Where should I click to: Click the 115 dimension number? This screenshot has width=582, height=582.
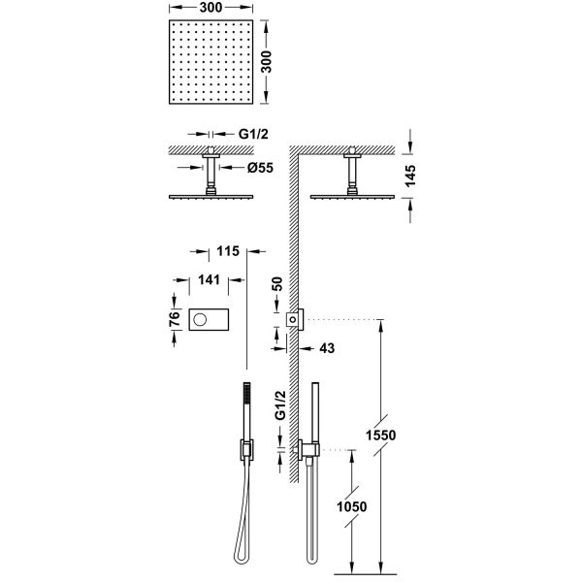coord(227,251)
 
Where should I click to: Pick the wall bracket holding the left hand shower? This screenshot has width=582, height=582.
coord(246,450)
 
